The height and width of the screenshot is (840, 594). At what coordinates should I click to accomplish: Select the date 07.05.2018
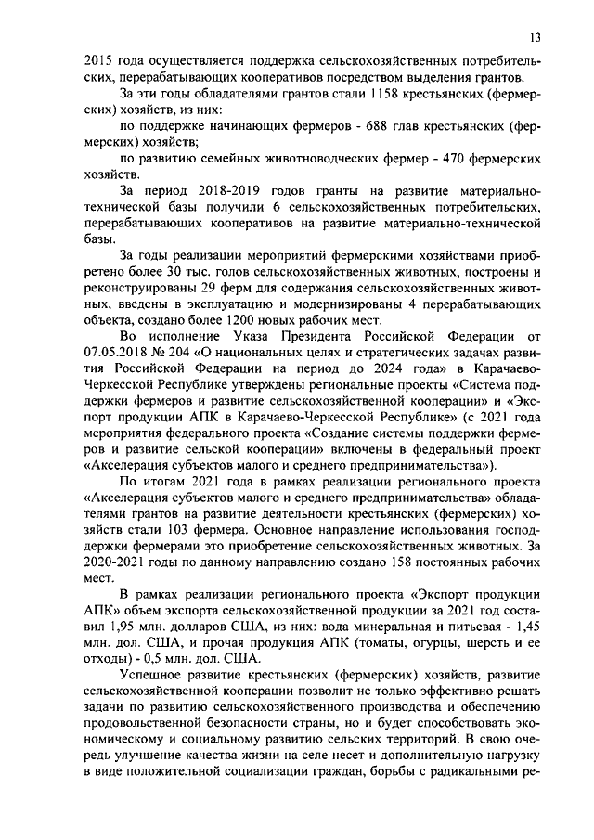tap(113, 352)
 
